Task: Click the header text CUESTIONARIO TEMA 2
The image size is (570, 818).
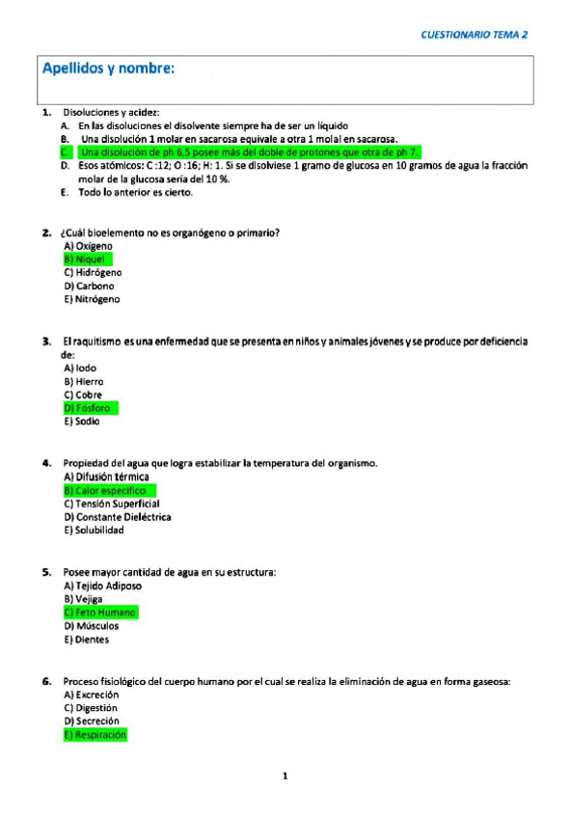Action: pos(475,35)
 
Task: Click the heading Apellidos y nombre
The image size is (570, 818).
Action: pos(108,69)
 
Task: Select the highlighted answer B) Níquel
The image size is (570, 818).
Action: pos(87,259)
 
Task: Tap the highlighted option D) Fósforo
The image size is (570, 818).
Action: pos(89,408)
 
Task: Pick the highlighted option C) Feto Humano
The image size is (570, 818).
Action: pos(100,613)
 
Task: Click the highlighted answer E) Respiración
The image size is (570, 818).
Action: pos(95,735)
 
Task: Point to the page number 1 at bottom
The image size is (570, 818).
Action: pos(285,776)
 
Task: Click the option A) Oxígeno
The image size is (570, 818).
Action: pos(89,246)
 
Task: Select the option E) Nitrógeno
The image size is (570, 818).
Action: pos(92,300)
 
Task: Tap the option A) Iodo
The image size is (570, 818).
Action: pos(80,368)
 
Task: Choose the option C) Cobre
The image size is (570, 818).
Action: pos(83,395)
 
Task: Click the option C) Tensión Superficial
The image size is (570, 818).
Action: pos(111,504)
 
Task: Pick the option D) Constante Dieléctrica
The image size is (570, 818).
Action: pos(117,517)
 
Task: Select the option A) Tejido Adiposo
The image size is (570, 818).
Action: pos(102,586)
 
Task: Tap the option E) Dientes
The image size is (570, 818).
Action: pos(86,640)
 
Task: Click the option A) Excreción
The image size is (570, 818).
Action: pos(91,695)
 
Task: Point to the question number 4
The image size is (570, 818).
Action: pos(45,463)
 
